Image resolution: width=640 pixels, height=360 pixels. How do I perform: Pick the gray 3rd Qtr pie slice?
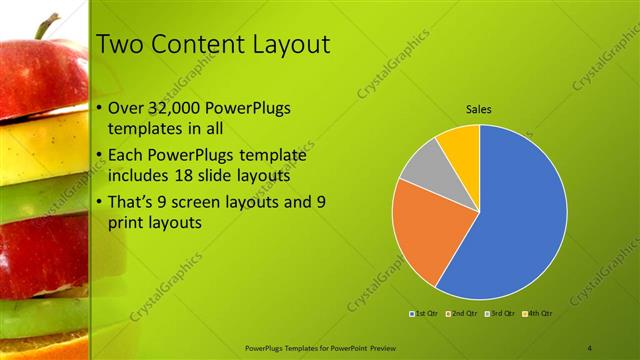point(425,164)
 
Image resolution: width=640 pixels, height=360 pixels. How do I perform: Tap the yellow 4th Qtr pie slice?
point(461,144)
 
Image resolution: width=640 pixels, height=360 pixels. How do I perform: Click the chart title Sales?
point(479,110)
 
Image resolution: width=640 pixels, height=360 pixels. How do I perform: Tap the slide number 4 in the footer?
point(589,347)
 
